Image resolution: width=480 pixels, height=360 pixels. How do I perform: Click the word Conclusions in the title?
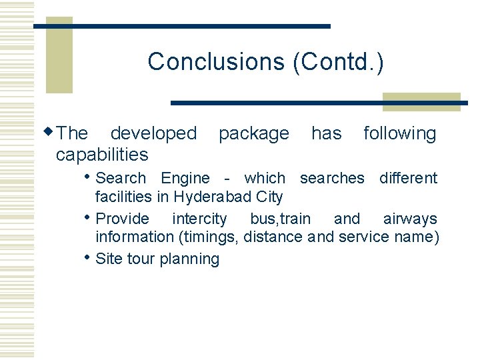217,61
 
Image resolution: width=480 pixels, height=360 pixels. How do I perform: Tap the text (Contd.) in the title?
338,61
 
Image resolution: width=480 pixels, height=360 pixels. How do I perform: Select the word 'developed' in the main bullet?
153,133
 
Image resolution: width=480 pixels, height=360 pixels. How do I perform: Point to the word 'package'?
253,134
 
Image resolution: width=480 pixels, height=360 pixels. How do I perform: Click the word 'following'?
399,134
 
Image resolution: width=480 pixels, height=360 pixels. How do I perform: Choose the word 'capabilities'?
102,155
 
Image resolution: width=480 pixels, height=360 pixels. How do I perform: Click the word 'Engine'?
185,179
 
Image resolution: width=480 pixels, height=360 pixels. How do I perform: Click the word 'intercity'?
199,219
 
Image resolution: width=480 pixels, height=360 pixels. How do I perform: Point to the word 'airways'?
410,219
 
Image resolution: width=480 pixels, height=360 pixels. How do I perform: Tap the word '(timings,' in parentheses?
207,237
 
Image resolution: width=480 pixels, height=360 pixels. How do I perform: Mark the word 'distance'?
275,237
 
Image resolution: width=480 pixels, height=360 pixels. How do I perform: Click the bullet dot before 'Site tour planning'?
90,257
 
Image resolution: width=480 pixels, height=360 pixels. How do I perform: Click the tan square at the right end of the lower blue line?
421,101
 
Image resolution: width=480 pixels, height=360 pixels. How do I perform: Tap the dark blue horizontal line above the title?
182,26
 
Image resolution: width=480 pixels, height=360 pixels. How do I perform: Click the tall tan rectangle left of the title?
59,55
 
